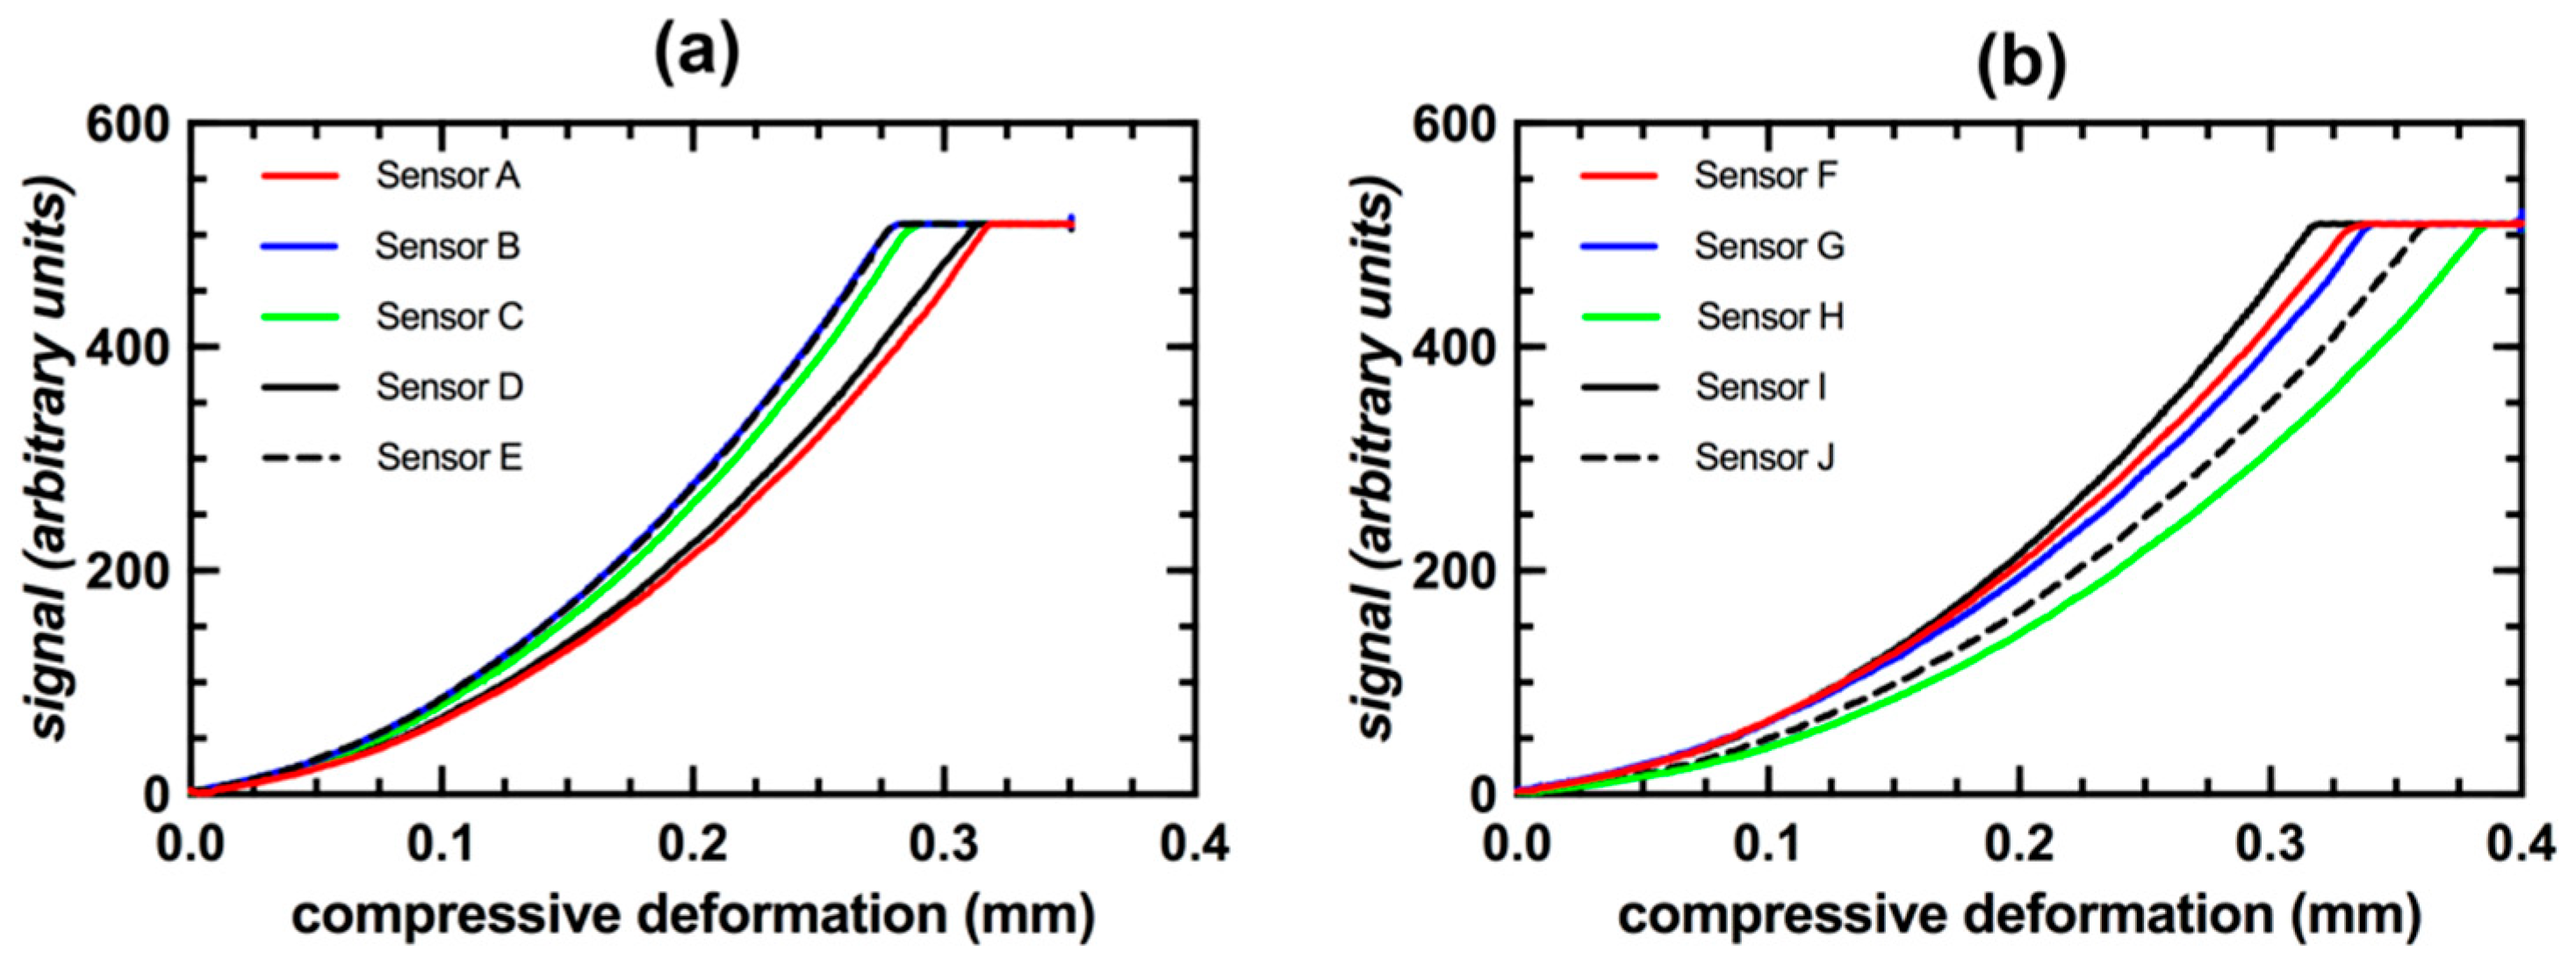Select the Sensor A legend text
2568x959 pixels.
(x=448, y=177)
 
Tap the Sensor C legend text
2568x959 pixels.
(x=450, y=317)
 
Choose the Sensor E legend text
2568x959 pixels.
(x=450, y=458)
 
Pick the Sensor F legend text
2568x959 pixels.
(x=1766, y=177)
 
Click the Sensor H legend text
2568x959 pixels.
(x=1771, y=317)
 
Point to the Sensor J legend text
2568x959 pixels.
(x=1765, y=458)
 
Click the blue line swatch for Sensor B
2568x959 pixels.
(x=301, y=246)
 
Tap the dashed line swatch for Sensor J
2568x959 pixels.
(x=1619, y=458)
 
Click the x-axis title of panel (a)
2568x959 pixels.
(x=693, y=914)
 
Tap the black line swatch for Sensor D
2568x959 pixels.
(x=301, y=386)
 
